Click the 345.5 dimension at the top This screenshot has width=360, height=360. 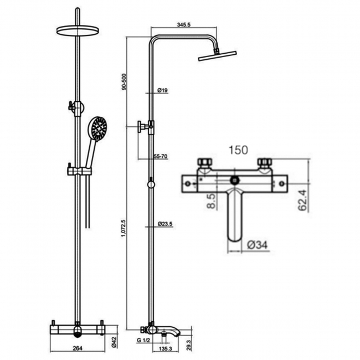[x=184, y=24]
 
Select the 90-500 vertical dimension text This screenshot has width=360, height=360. [x=124, y=81]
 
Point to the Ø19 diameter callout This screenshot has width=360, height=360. [x=162, y=90]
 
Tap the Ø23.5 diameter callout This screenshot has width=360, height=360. [x=165, y=224]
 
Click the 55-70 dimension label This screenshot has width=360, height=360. [x=161, y=157]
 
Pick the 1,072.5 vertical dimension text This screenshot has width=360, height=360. [x=124, y=228]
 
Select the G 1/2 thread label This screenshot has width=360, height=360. [x=143, y=341]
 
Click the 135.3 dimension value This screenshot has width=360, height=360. [x=165, y=348]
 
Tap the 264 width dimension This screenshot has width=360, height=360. [x=78, y=348]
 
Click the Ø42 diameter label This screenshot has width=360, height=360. [x=115, y=341]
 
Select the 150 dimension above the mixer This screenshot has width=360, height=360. [x=238, y=150]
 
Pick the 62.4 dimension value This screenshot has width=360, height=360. [x=302, y=200]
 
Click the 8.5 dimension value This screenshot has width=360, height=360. [x=211, y=201]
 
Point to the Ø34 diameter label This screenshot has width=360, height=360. [x=258, y=245]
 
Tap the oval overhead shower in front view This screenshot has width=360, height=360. [x=78, y=30]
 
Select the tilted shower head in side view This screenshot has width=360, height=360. [x=217, y=55]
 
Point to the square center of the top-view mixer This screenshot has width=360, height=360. [x=234, y=180]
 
